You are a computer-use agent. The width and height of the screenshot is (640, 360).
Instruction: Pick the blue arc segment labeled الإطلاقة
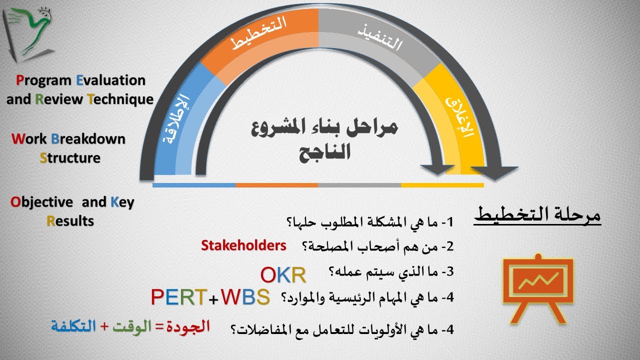tap(177, 117)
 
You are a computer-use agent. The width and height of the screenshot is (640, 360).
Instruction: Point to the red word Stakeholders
tap(243, 245)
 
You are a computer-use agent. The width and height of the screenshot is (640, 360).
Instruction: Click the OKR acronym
tap(283, 274)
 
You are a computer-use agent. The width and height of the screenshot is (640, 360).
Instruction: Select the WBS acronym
tap(245, 297)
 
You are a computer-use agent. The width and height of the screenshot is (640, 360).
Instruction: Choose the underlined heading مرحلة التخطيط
tap(537, 216)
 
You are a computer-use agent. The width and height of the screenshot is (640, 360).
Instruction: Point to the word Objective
tap(42, 202)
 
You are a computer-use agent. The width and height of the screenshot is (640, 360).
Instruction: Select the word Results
tap(70, 220)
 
